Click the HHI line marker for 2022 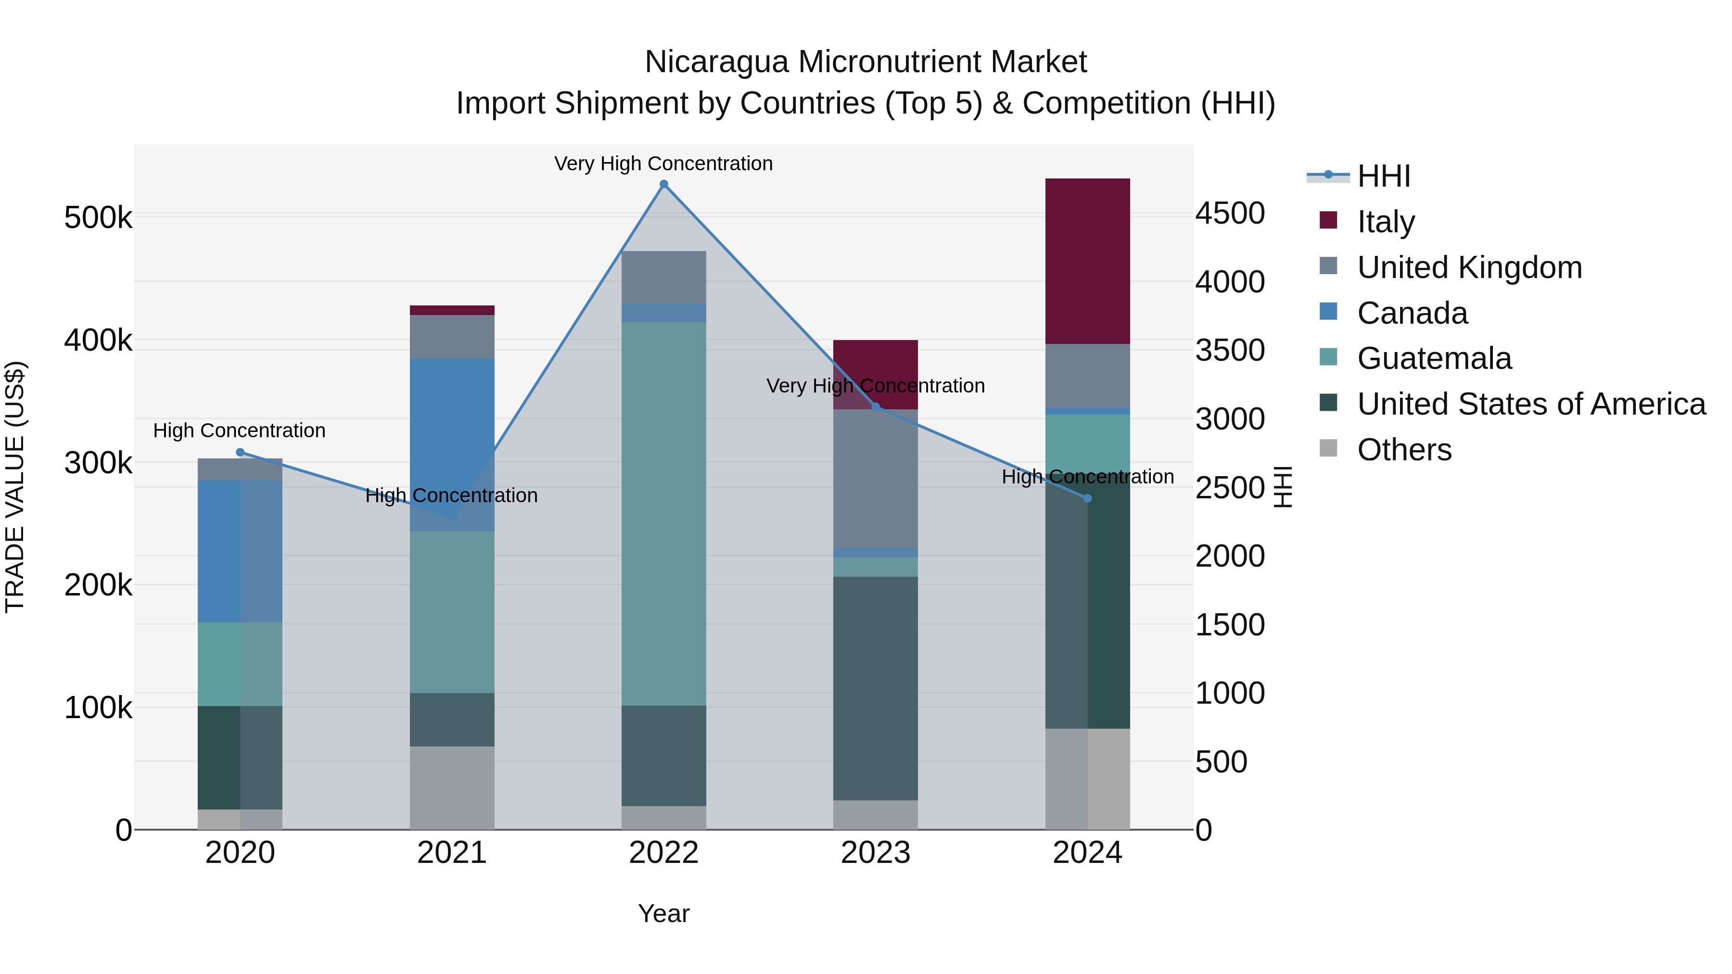663,184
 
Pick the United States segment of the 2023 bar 876,688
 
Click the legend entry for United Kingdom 1469,267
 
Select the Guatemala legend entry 1434,358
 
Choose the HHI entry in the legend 1383,176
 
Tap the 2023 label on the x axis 876,853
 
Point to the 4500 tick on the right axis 1230,213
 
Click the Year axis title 663,913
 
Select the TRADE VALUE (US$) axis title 15,487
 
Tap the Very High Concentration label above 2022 663,164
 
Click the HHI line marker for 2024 1087,498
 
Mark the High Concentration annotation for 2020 240,430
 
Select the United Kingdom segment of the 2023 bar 876,478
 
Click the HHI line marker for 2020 240,453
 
